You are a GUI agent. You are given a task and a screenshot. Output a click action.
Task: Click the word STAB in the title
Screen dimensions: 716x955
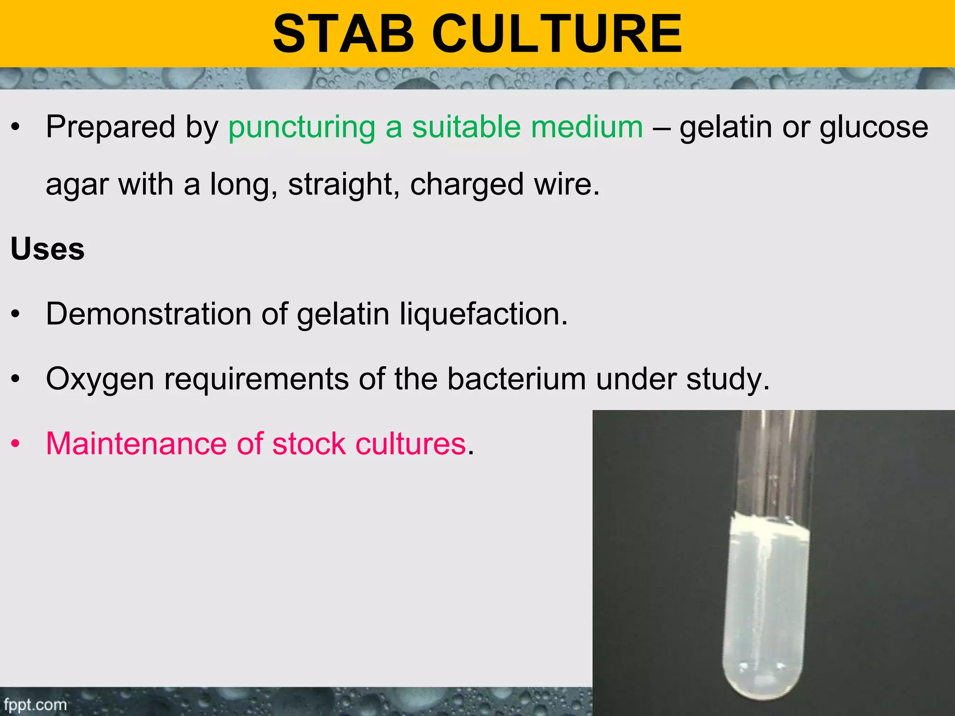pos(344,34)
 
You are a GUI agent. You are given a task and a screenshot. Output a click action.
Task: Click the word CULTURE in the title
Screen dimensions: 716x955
pos(557,34)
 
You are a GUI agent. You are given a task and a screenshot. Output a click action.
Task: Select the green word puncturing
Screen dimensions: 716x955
pos(302,127)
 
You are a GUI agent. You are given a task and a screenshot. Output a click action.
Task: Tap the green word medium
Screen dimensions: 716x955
pos(587,127)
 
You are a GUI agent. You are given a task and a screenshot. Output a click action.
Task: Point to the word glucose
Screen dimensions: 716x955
pos(874,127)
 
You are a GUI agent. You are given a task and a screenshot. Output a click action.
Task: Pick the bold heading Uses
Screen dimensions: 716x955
pos(48,249)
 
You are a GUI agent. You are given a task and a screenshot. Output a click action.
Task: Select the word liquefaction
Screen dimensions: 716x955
pos(483,314)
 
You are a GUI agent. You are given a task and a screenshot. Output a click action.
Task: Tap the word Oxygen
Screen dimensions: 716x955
pos(100,379)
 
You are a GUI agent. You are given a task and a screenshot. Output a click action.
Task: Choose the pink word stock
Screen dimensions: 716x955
pos(308,443)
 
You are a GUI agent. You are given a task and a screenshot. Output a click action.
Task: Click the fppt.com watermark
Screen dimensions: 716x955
pos(35,704)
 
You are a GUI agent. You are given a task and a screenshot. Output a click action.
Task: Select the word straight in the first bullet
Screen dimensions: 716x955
pos(343,184)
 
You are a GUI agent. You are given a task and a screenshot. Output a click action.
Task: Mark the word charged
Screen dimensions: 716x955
pos(467,184)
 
